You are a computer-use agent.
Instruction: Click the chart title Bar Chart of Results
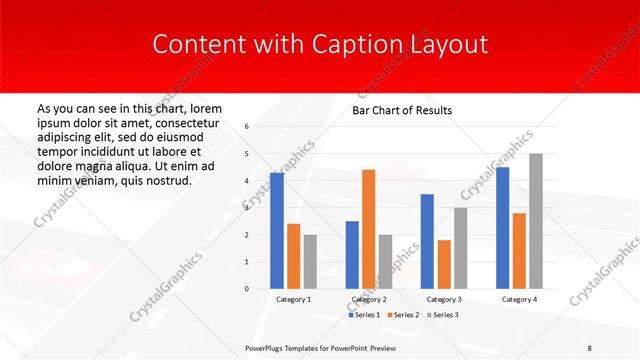pyautogui.click(x=402, y=110)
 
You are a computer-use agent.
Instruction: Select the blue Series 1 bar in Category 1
pyautogui.click(x=276, y=230)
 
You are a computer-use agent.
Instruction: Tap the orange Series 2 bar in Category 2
pyautogui.click(x=368, y=229)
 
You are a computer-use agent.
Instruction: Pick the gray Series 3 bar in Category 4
pyautogui.click(x=536, y=221)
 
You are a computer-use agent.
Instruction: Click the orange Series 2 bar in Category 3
pyautogui.click(x=444, y=264)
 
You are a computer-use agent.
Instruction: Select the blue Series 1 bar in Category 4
pyautogui.click(x=502, y=228)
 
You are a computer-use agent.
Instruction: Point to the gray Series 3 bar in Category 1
pyautogui.click(x=310, y=261)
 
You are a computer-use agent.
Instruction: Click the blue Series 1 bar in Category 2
pyautogui.click(x=352, y=254)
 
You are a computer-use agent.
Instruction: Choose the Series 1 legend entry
pyautogui.click(x=365, y=315)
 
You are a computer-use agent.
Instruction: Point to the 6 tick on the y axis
pyautogui.click(x=247, y=127)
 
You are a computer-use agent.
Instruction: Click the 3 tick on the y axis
pyautogui.click(x=247, y=208)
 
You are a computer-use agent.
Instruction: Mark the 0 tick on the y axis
pyautogui.click(x=247, y=289)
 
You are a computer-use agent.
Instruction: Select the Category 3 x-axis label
pyautogui.click(x=443, y=299)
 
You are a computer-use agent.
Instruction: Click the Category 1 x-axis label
pyautogui.click(x=293, y=299)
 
